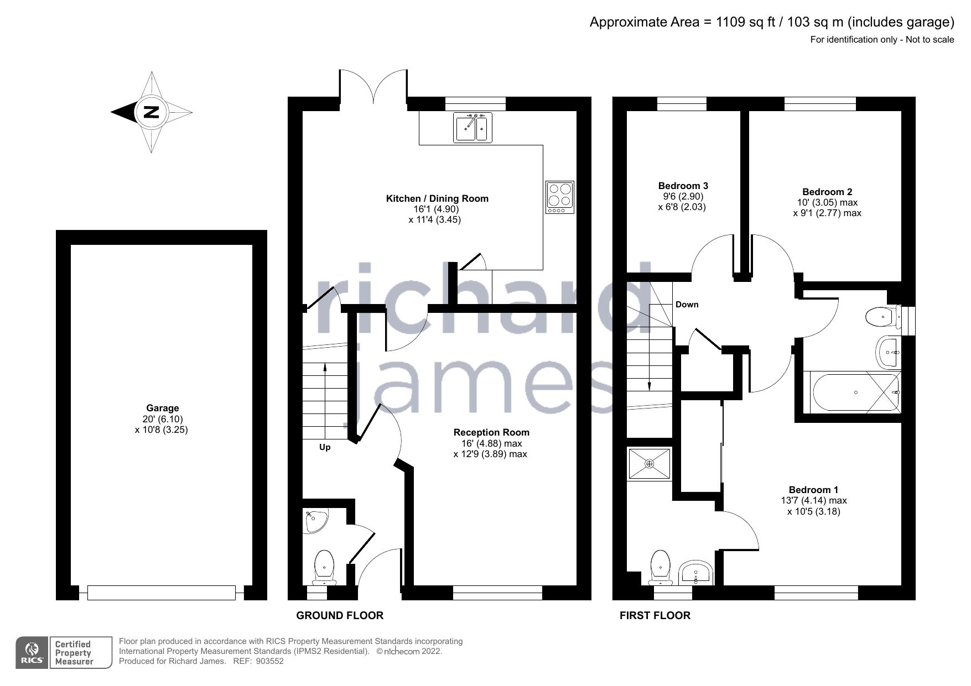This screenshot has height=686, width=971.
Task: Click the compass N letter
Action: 151,112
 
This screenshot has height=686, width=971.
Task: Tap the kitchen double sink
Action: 472,128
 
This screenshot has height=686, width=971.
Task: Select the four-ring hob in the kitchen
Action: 560,197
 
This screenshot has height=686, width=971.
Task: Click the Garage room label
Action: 162,408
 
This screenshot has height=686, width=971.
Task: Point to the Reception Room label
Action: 491,432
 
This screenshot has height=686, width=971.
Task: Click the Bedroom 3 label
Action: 683,186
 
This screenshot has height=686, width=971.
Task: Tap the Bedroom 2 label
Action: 827,192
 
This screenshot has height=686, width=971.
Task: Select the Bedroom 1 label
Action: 813,490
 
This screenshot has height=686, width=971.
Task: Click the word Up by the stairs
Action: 325,447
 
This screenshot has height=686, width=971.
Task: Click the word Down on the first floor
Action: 687,305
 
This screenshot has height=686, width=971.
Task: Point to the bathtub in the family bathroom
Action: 855,392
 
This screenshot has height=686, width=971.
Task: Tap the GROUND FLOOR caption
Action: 340,615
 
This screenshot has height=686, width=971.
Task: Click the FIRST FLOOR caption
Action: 655,615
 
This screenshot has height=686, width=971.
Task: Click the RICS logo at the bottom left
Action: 32,652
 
